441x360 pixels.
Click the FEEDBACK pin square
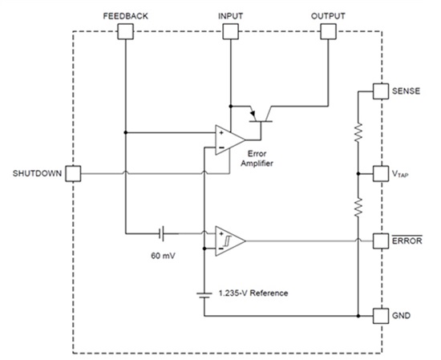tap(125, 31)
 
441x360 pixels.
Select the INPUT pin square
tap(229, 31)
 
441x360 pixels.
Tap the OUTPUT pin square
tap(329, 31)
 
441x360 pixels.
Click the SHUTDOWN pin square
tap(73, 173)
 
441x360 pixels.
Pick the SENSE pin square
tap(380, 93)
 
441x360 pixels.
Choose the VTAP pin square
tap(380, 173)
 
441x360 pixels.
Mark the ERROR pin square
tap(380, 241)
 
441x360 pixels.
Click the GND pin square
tap(380, 315)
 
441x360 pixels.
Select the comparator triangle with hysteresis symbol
tap(228, 241)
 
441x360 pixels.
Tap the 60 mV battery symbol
tap(163, 233)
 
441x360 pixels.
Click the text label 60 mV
tap(163, 257)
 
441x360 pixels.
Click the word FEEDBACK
tap(125, 15)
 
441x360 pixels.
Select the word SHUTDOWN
tap(37, 173)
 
